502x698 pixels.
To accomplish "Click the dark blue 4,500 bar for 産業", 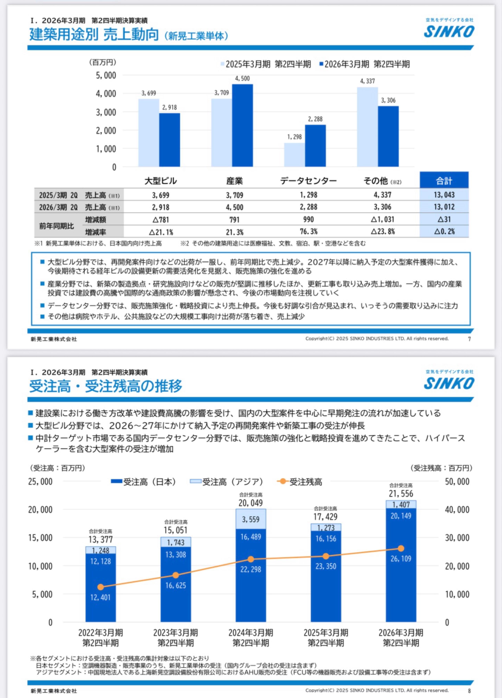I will point(242,126).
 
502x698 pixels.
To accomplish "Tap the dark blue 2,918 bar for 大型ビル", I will point(169,140).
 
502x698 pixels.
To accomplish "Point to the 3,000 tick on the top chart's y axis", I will point(106,112).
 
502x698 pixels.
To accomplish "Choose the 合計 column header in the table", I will point(444,181).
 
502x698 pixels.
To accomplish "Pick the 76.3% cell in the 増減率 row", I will point(309,232).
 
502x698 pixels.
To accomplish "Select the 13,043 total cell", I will point(444,195).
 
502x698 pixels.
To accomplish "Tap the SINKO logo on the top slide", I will point(449,32).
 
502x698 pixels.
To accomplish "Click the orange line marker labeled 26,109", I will point(401,549).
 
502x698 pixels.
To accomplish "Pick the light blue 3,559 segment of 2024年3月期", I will point(251,519).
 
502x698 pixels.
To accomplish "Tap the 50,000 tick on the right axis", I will point(457,482).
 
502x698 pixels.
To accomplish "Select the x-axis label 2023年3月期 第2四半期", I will point(176,638).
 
